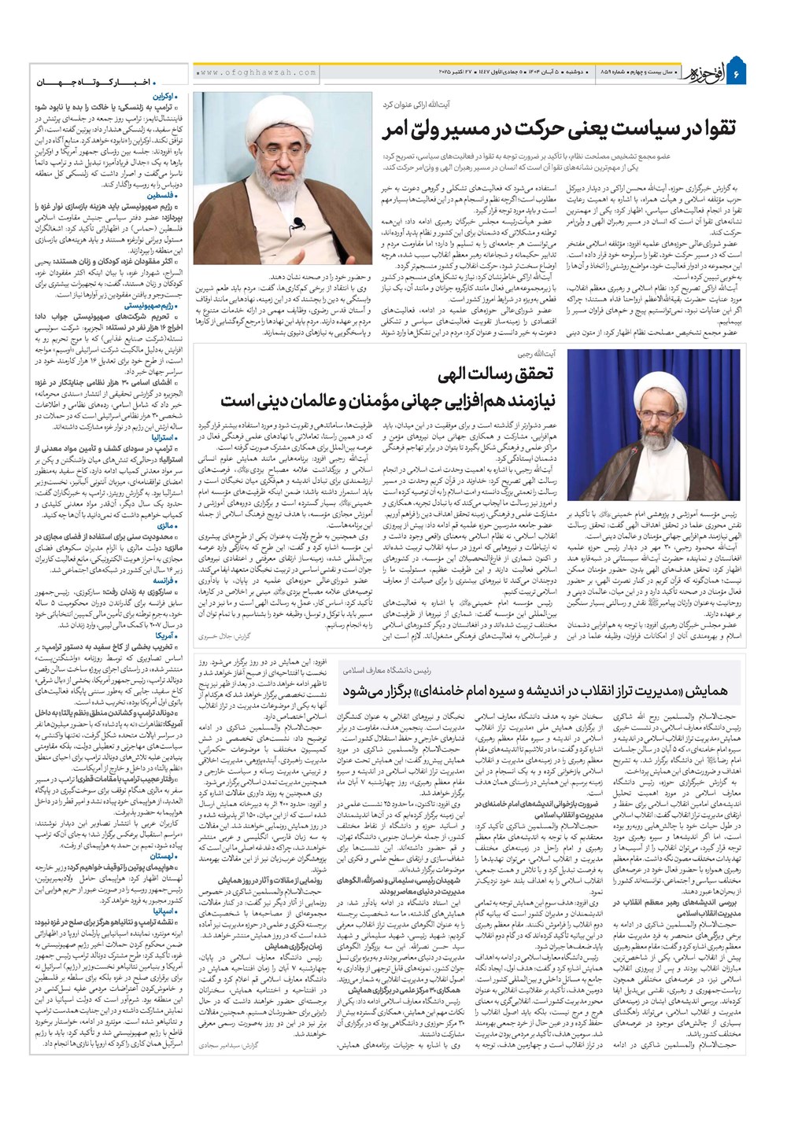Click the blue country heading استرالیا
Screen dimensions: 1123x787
(161, 436)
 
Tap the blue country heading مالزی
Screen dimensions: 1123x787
(164, 524)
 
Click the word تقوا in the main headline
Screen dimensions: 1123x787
(711, 129)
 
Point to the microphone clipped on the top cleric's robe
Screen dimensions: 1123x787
(300, 223)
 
